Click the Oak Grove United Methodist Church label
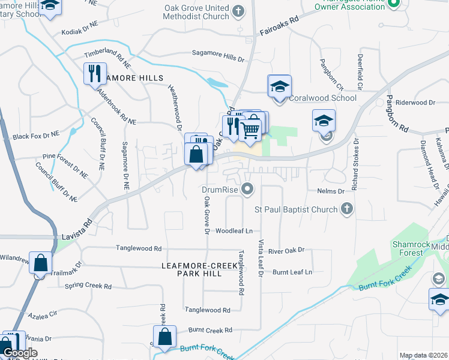[197, 12]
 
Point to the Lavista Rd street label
[76, 230]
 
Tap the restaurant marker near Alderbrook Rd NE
[95, 74]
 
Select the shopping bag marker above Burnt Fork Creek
[164, 337]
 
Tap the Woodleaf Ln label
[234, 230]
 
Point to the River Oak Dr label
[286, 250]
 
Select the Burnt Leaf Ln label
[292, 272]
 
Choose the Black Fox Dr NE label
[37, 136]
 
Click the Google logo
[20, 353]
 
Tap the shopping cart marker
[252, 127]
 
